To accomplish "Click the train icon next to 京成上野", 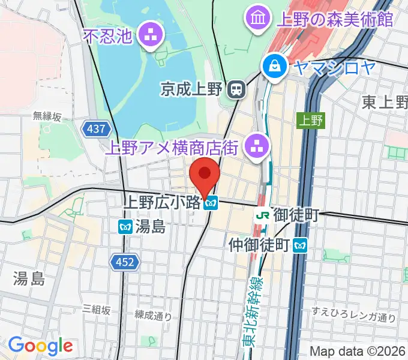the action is (x=236, y=89).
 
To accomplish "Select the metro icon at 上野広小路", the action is (x=210, y=204).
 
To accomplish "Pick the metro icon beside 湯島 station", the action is (x=125, y=226).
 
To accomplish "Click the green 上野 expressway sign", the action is (x=310, y=120).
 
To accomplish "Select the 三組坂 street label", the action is (x=97, y=310).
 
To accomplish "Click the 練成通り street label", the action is (x=153, y=315).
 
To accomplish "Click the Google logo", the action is (x=40, y=346).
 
